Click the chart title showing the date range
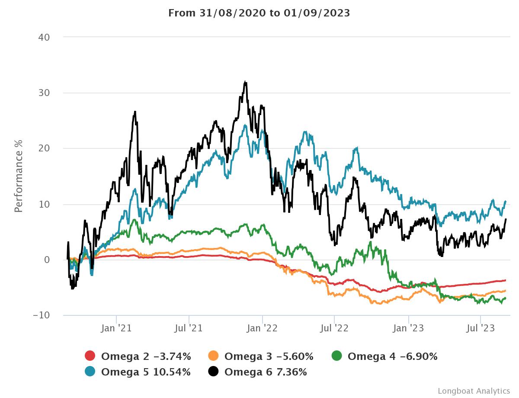(x=259, y=13)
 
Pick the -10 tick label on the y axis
(x=42, y=315)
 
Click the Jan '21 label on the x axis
(x=116, y=328)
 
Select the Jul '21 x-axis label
(x=189, y=328)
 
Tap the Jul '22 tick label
(x=334, y=328)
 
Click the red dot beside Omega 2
(x=90, y=356)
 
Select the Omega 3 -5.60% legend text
(x=269, y=356)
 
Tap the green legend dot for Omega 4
(x=337, y=356)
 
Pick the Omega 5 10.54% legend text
(x=146, y=372)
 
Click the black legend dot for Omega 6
(x=213, y=371)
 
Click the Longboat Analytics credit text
(x=474, y=391)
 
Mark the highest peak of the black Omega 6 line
(x=245, y=81)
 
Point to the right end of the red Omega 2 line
(x=506, y=280)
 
